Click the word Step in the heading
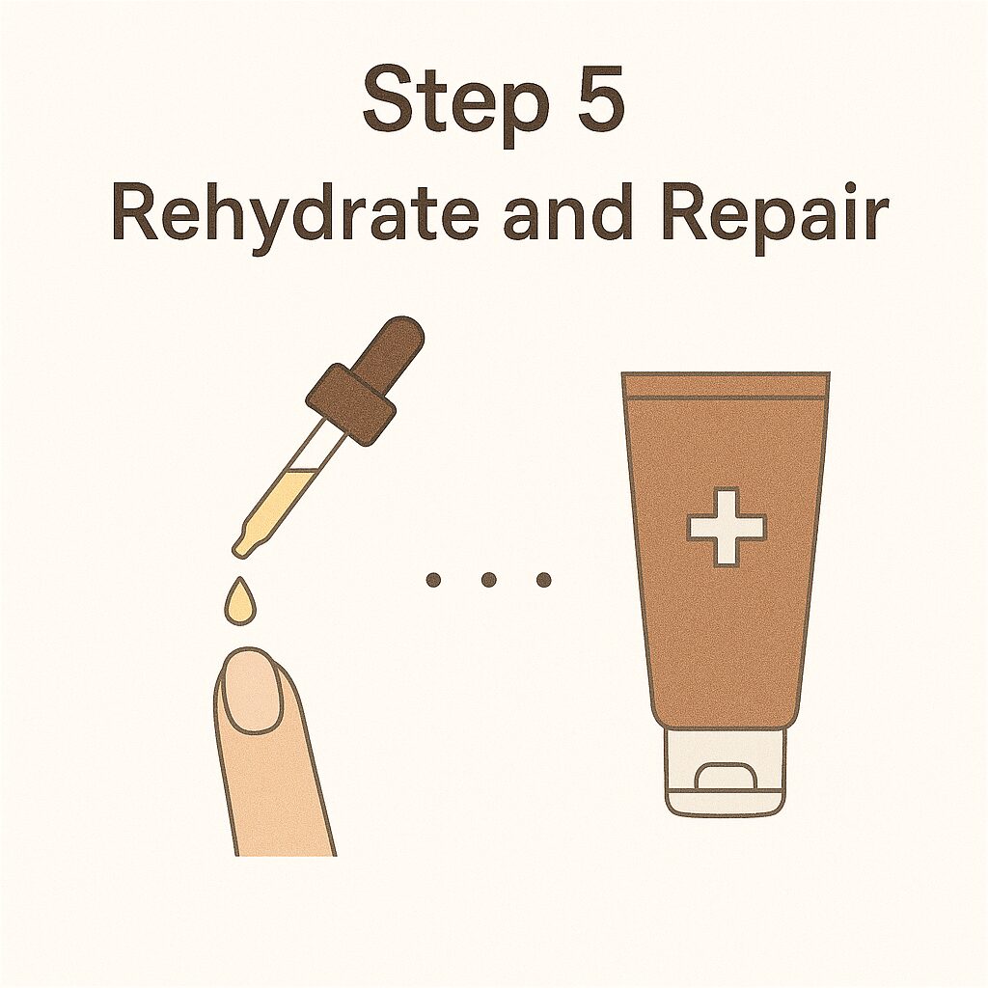tap(452, 104)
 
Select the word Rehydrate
tap(293, 213)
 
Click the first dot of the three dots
tap(433, 579)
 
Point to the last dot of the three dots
tap(544, 579)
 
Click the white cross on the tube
tap(727, 527)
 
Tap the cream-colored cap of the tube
tap(726, 771)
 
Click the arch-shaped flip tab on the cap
tap(726, 777)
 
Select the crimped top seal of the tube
tap(726, 385)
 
